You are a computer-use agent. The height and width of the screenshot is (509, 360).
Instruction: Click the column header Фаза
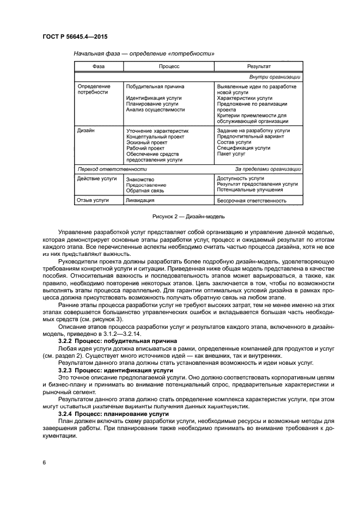[x=99, y=66]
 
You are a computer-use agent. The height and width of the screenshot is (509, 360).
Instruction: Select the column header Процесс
[x=169, y=66]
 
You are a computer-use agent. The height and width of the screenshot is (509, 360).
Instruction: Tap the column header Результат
[x=259, y=66]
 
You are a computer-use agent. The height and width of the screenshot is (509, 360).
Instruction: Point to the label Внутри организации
[x=275, y=77]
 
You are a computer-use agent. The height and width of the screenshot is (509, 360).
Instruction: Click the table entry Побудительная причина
[x=155, y=87]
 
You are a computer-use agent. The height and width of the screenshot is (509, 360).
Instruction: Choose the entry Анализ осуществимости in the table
[x=155, y=109]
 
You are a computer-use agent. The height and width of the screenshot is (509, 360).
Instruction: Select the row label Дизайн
[x=87, y=131]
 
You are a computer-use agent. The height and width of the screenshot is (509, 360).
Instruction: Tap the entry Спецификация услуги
[x=243, y=148]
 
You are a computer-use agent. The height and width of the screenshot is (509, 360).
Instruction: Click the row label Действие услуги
[x=97, y=179]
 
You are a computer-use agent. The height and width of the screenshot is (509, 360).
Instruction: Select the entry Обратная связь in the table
[x=145, y=191]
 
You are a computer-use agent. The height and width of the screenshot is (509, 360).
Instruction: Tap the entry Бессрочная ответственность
[x=252, y=200]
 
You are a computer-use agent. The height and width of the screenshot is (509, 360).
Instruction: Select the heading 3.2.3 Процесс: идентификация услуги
[x=116, y=370]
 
